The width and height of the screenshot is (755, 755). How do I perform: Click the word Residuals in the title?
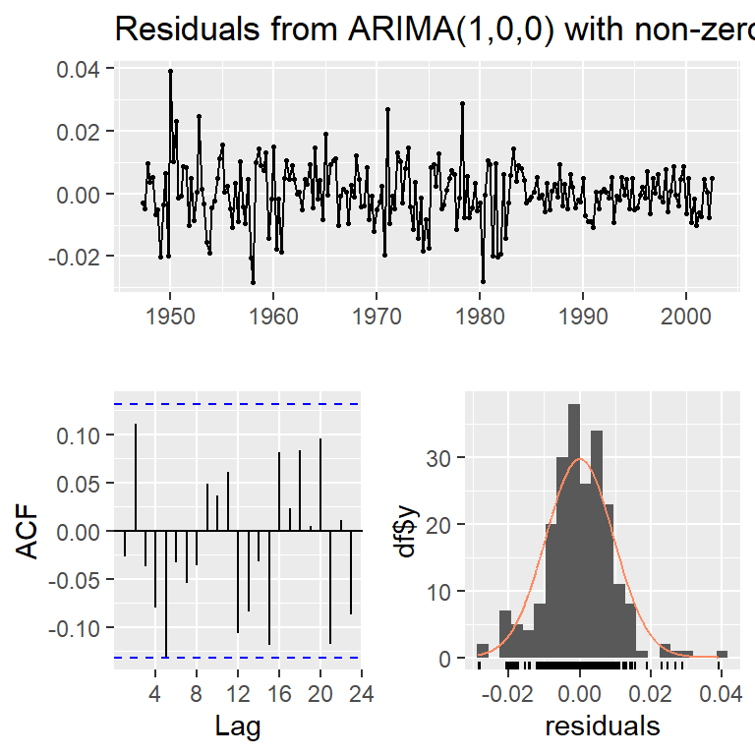pos(188,29)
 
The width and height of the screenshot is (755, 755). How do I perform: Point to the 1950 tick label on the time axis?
pos(170,317)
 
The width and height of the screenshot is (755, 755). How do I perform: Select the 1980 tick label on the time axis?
pos(480,317)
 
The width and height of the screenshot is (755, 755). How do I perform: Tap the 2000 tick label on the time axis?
pos(685,317)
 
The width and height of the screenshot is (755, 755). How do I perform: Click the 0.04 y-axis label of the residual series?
pos(78,70)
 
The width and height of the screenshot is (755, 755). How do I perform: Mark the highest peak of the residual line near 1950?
pos(170,71)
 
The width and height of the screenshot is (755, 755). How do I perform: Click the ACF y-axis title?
pos(27,531)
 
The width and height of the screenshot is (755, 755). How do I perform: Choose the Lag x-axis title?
pos(237,726)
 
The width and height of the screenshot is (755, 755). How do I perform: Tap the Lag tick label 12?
pos(238,694)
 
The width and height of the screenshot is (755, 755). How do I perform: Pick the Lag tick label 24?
pos(361,694)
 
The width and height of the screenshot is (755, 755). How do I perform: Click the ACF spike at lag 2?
pos(136,477)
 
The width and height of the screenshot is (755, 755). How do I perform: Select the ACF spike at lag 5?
pos(166,594)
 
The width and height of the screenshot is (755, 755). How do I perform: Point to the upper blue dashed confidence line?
pos(237,404)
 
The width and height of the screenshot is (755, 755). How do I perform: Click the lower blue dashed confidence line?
pos(237,658)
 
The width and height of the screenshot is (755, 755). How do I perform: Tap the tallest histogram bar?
pos(574,531)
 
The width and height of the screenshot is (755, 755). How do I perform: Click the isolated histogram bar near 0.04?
pos(722,654)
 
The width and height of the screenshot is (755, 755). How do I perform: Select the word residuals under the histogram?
pos(603,726)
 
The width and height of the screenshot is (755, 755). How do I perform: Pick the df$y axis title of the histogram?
pos(407,531)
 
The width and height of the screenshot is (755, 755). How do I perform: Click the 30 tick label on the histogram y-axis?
pos(438,458)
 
